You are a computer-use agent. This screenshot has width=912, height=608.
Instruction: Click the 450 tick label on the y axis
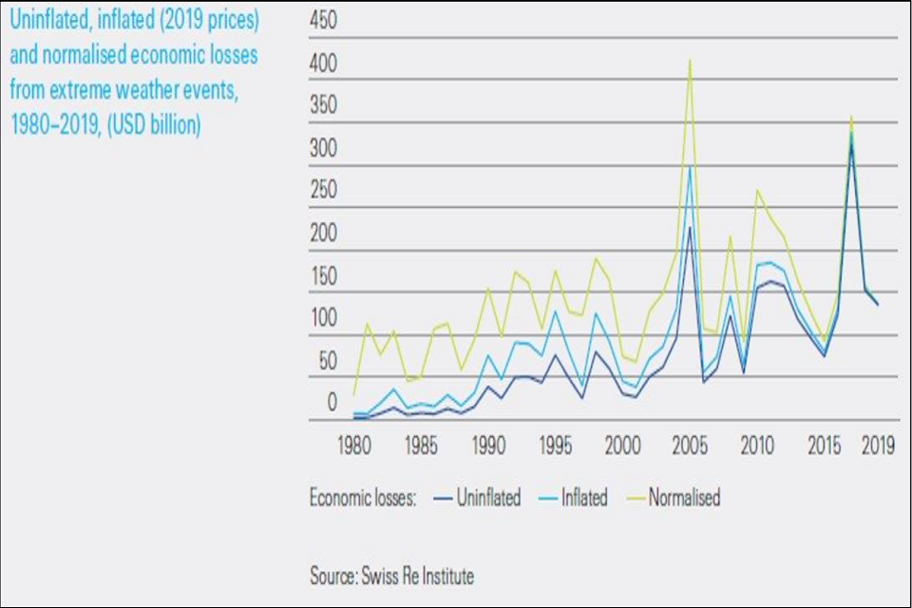324,21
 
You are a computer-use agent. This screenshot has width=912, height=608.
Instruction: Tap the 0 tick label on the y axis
332,402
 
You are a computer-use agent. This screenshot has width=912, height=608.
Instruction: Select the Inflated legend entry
583,498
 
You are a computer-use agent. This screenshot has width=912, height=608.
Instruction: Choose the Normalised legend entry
684,498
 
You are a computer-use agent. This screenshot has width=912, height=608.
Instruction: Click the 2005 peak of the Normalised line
689,61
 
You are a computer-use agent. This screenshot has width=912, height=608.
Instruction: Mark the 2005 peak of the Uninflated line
689,227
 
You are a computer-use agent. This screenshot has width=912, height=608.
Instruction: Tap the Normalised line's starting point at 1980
354,394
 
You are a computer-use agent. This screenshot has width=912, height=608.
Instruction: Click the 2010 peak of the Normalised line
757,190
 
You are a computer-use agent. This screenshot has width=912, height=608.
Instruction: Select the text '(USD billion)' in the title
156,125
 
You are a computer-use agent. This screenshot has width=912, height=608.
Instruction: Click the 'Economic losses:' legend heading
363,498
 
